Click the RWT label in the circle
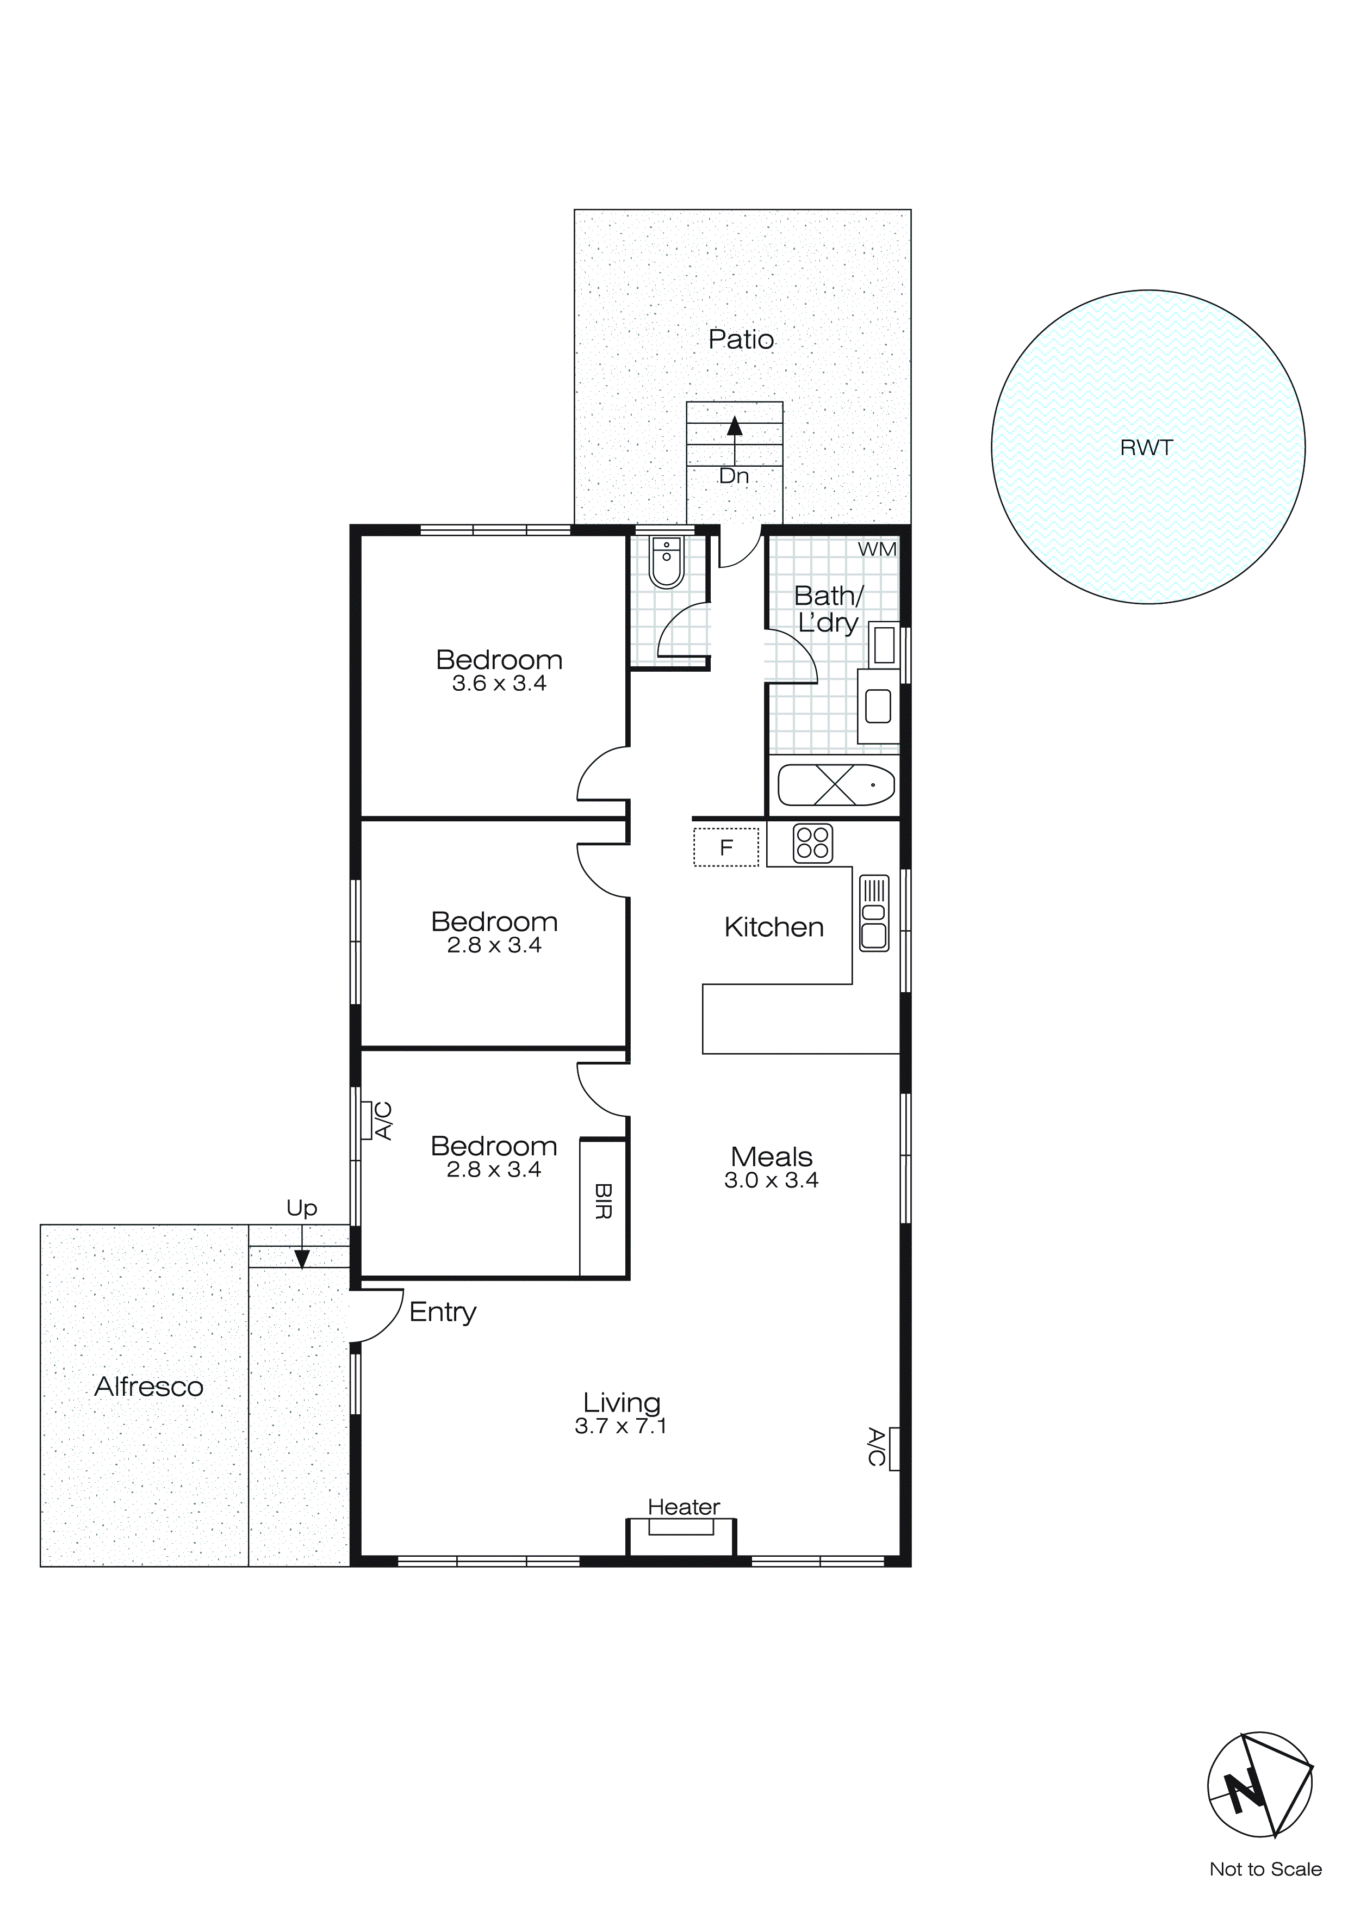[1146, 448]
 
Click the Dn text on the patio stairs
[734, 477]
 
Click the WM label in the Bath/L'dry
[877, 549]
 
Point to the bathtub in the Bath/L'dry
[836, 784]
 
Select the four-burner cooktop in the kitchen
[812, 843]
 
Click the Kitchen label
[774, 927]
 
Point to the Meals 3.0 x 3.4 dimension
[771, 1180]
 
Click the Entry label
[443, 1313]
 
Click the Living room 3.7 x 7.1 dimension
[621, 1426]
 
